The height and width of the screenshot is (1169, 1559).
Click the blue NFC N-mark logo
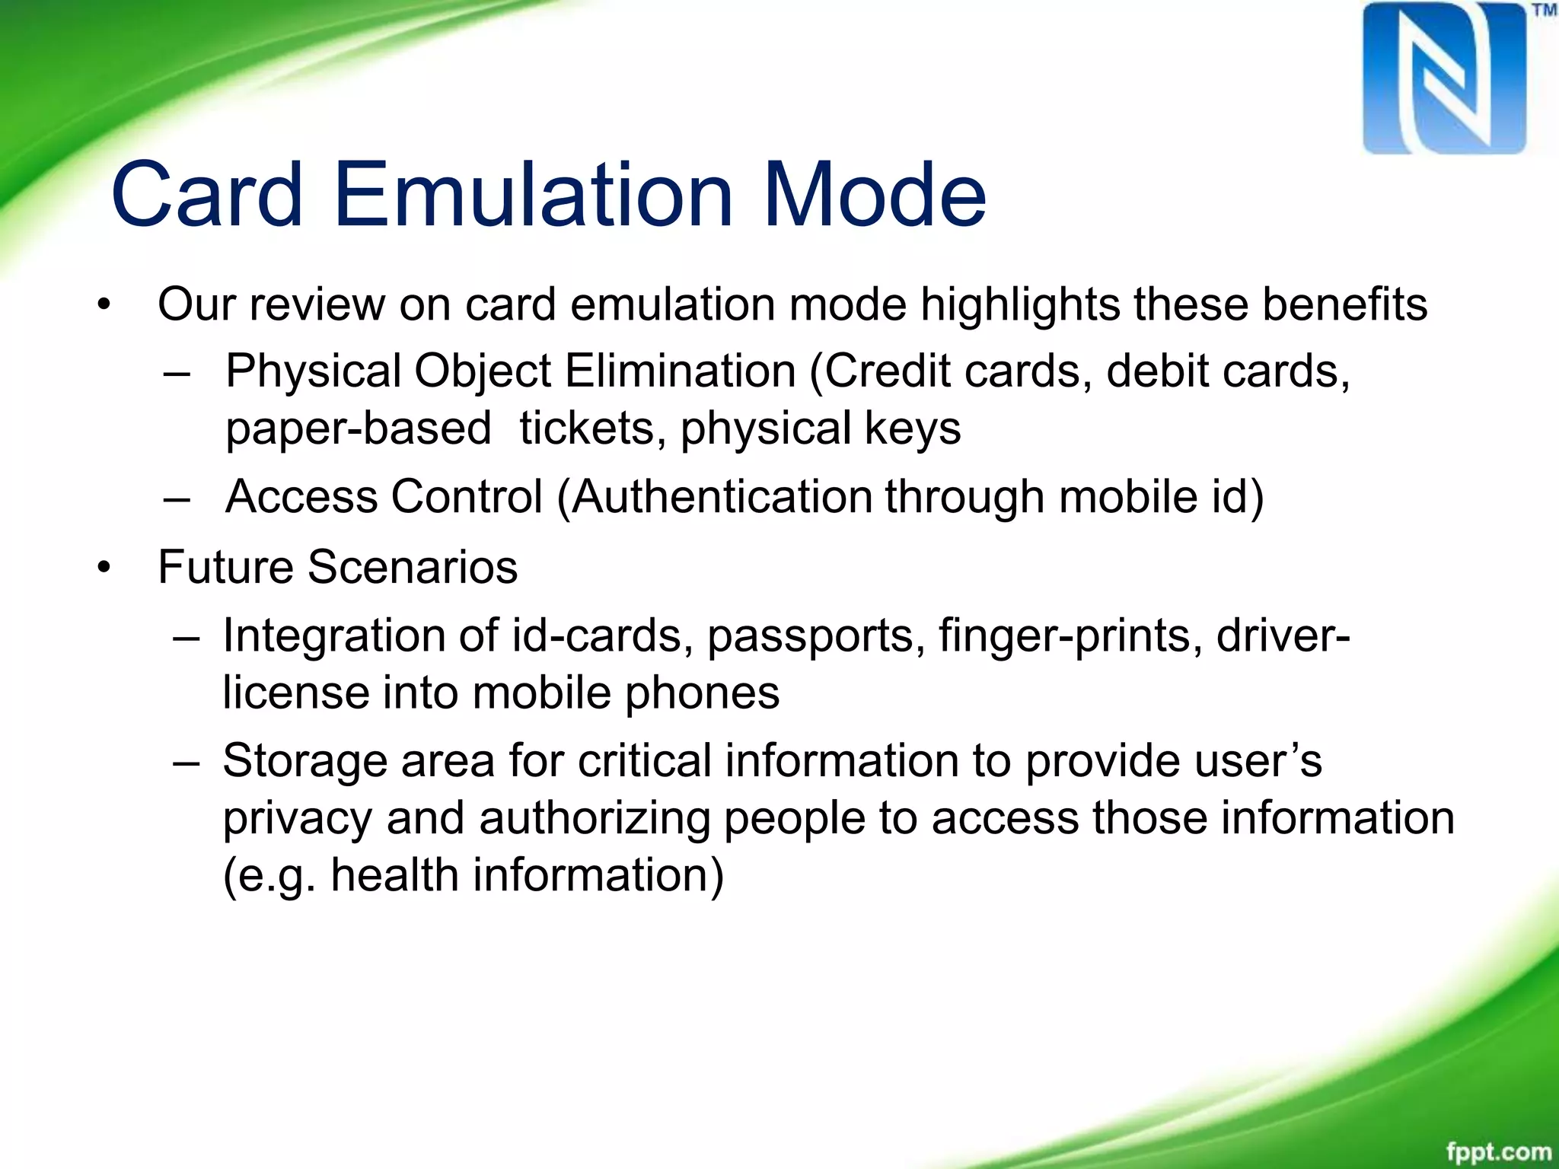(1444, 78)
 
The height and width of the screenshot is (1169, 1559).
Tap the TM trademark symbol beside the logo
(1543, 11)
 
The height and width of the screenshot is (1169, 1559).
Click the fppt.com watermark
(1498, 1151)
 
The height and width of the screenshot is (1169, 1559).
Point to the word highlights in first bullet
(1020, 304)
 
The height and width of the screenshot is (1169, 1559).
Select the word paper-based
(358, 428)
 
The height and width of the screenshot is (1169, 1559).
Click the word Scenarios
(413, 567)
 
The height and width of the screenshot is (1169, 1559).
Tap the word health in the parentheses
(394, 875)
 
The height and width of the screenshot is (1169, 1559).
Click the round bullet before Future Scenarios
(104, 568)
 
